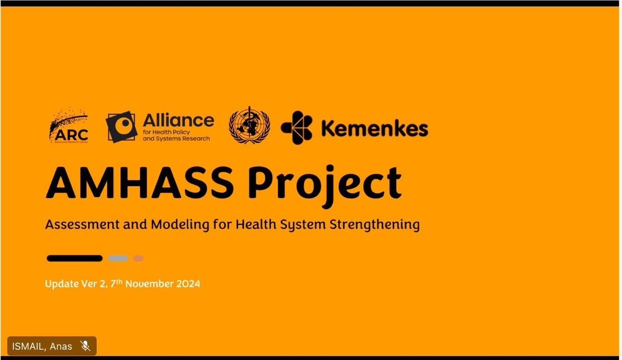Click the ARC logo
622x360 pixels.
pyautogui.click(x=69, y=125)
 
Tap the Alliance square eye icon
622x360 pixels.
pyautogui.click(x=122, y=127)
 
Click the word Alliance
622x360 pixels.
pyautogui.click(x=178, y=120)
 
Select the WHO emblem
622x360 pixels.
pyautogui.click(x=249, y=125)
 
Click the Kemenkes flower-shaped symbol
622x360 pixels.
pyautogui.click(x=296, y=128)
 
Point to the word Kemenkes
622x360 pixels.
pyautogui.click(x=375, y=129)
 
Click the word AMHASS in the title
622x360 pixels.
pyautogui.click(x=140, y=183)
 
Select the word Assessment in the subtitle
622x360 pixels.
pyautogui.click(x=82, y=224)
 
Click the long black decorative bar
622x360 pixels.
pyautogui.click(x=75, y=258)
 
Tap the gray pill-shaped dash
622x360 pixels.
pyautogui.click(x=118, y=258)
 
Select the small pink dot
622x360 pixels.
pyautogui.click(x=138, y=258)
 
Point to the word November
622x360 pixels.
pyautogui.click(x=150, y=284)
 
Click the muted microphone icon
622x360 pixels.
pyautogui.click(x=85, y=346)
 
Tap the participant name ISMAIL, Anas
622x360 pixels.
pyautogui.click(x=42, y=346)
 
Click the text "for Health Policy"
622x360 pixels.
pyautogui.click(x=166, y=132)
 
